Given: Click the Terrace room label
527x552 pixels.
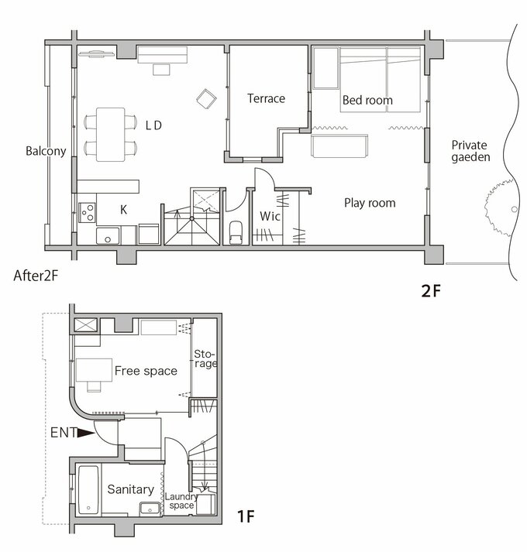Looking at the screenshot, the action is click(x=266, y=98).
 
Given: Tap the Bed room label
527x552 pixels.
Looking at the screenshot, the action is click(x=367, y=101).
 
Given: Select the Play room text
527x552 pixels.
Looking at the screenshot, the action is click(x=370, y=203).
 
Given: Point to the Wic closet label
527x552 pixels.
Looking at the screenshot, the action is click(x=270, y=216).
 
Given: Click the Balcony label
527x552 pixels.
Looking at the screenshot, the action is click(x=46, y=152).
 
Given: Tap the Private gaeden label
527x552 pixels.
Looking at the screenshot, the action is click(x=470, y=151).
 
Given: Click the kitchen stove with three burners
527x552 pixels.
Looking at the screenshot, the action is click(x=87, y=213).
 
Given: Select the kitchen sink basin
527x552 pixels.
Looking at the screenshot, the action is click(x=108, y=236).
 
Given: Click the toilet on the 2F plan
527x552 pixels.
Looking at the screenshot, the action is click(x=236, y=232).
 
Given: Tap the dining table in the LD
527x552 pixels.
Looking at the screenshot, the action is click(x=110, y=135).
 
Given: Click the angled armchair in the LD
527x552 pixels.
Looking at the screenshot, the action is click(x=206, y=99).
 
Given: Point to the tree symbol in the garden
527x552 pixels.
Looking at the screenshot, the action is click(x=501, y=207).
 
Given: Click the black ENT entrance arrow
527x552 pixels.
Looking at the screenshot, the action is click(x=86, y=433).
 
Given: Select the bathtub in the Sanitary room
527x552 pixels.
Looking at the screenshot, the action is click(x=88, y=490).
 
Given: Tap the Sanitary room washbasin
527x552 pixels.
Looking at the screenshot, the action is click(x=150, y=509).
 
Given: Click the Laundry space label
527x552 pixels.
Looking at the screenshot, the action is click(x=181, y=501).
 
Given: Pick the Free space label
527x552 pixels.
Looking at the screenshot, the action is click(x=146, y=371).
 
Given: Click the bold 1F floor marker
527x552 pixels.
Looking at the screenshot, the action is click(x=246, y=516).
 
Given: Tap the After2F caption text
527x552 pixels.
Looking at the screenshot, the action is click(x=36, y=276).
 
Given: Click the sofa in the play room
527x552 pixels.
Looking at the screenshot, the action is click(x=339, y=146).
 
